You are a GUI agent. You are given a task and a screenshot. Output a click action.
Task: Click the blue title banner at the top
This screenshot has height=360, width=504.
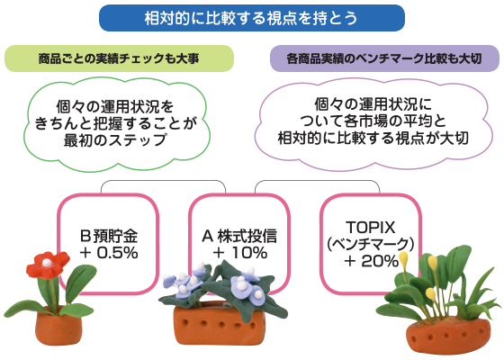252,18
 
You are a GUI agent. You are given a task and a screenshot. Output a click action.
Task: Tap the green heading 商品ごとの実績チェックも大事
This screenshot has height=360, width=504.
119,58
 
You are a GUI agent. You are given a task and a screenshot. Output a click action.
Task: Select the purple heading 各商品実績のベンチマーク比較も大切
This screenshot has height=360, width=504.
384,58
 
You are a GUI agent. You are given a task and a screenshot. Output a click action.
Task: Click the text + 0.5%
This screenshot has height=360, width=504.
109,253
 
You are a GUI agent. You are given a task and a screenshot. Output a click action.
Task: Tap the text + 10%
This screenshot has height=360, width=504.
239,253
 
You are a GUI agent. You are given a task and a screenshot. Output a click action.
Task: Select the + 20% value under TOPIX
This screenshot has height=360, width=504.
371,261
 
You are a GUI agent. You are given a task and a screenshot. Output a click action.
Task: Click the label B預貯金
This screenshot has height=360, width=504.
109,236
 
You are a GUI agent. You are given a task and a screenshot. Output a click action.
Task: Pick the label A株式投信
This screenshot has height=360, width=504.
239,236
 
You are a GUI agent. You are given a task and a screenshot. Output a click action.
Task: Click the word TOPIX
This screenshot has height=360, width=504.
370,228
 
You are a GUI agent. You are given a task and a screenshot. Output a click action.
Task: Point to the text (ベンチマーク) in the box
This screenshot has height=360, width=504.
370,244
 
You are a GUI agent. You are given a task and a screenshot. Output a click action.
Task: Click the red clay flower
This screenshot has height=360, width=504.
48,265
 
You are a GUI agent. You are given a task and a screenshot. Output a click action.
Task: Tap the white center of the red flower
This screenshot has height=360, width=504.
47,263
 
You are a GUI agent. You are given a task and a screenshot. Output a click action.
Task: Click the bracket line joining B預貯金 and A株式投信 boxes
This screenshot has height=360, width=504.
163,182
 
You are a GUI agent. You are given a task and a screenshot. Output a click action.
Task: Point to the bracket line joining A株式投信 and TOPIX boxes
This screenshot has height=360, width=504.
317,182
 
